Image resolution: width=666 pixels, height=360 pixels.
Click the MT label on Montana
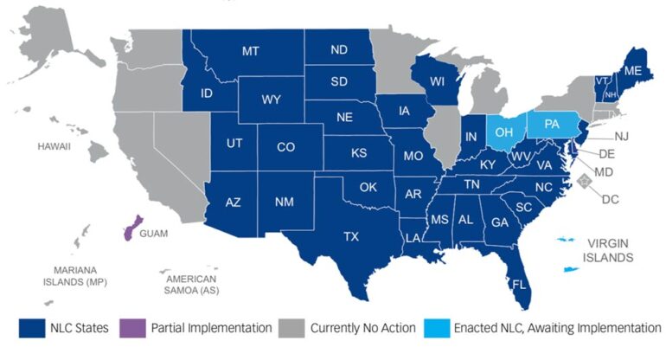tap(251, 51)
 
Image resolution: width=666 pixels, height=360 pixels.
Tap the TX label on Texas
tap(351, 235)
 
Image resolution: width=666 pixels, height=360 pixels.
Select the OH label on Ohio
tap(505, 132)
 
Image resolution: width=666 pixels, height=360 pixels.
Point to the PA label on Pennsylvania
tap(552, 125)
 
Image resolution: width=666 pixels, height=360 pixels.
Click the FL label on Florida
tap(519, 284)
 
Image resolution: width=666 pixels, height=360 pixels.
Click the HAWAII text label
tap(53, 146)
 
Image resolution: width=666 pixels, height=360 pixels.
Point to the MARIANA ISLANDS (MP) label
tap(84, 274)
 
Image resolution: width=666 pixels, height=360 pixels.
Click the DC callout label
tap(611, 199)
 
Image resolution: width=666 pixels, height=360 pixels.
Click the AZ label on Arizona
tap(233, 202)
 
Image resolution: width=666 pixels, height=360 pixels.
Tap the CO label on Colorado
tap(286, 147)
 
